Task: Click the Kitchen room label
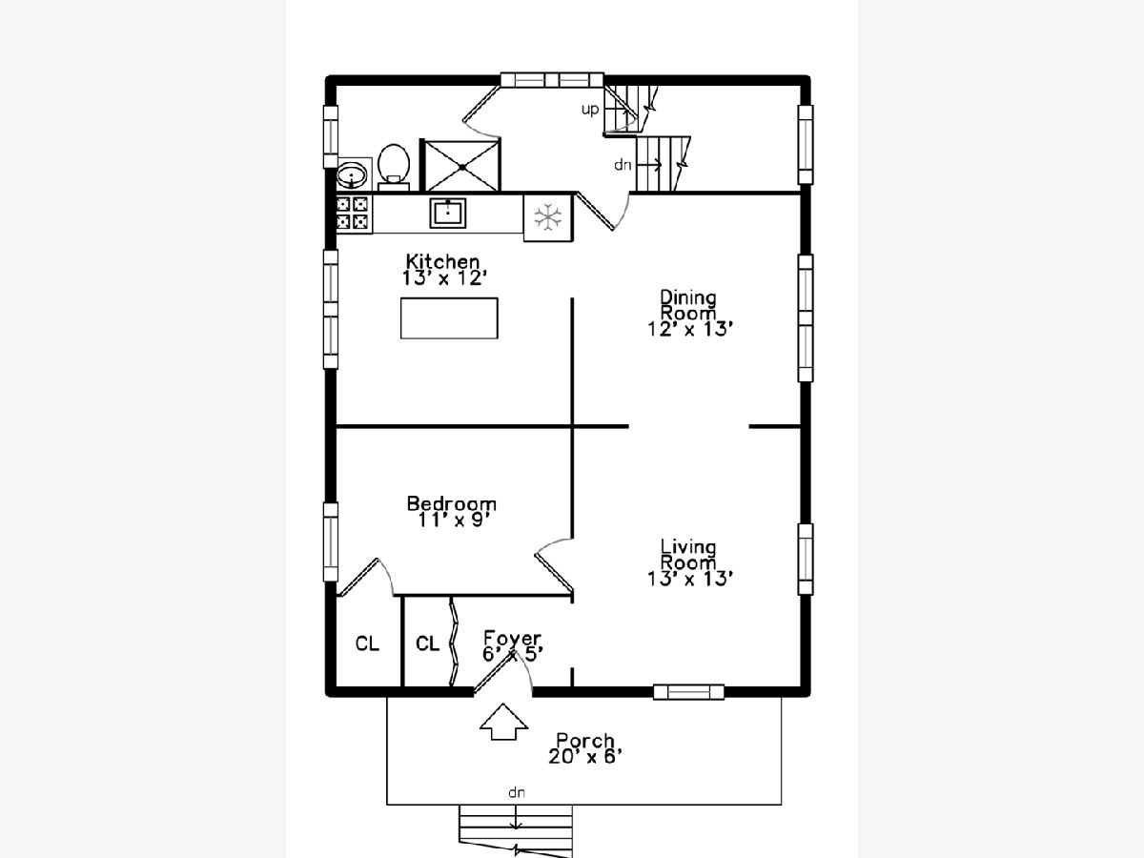442,260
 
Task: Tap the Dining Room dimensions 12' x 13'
690,329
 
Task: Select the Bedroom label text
451,503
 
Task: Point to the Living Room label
688,554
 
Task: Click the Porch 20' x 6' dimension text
585,756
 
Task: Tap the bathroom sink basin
352,174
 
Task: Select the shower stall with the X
461,166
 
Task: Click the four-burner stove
354,213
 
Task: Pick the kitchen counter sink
448,213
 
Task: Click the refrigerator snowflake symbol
548,216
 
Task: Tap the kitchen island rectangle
449,318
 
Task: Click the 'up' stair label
590,110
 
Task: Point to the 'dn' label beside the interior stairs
623,165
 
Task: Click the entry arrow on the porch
503,722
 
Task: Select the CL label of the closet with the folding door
427,643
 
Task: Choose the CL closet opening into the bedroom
367,643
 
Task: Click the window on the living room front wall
689,692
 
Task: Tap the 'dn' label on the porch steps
516,792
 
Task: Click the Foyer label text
512,638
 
